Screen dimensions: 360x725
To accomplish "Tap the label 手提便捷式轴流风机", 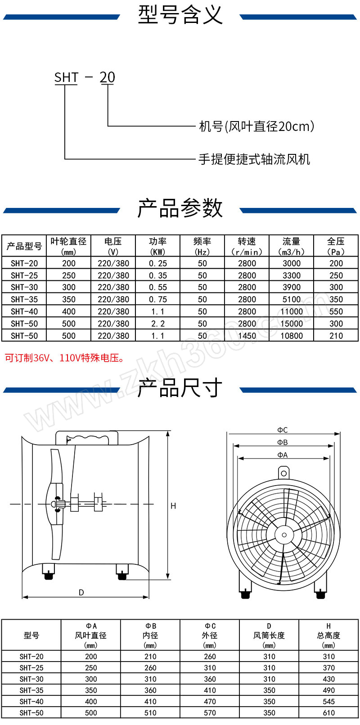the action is click(254, 159).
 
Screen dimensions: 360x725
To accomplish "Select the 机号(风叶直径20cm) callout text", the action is click(256, 126).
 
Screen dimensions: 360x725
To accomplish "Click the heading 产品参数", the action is click(180, 208).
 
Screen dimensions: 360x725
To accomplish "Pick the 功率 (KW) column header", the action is click(157, 246).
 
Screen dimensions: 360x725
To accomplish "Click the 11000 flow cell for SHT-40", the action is click(291, 311).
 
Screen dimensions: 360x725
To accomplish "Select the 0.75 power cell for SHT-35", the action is click(157, 299).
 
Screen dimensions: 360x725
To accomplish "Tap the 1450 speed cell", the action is click(247, 336).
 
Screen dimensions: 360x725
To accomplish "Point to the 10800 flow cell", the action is click(291, 336).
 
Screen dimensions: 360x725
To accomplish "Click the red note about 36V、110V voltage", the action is click(65, 358).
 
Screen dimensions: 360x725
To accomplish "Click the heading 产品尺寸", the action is click(180, 388).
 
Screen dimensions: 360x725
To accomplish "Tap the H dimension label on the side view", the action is click(173, 506).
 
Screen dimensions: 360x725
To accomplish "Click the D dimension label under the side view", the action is click(81, 592).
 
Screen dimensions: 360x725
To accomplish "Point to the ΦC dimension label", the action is click(282, 430).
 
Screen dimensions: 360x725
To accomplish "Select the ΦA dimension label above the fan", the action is click(282, 455).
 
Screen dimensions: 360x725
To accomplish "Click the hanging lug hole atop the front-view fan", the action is click(284, 473).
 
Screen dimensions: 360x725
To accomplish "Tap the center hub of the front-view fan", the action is click(284, 535).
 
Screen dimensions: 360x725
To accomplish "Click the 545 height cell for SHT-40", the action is click(328, 701).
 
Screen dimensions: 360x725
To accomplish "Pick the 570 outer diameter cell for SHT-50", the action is click(210, 713).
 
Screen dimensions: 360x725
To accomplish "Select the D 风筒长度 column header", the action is click(269, 635).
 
